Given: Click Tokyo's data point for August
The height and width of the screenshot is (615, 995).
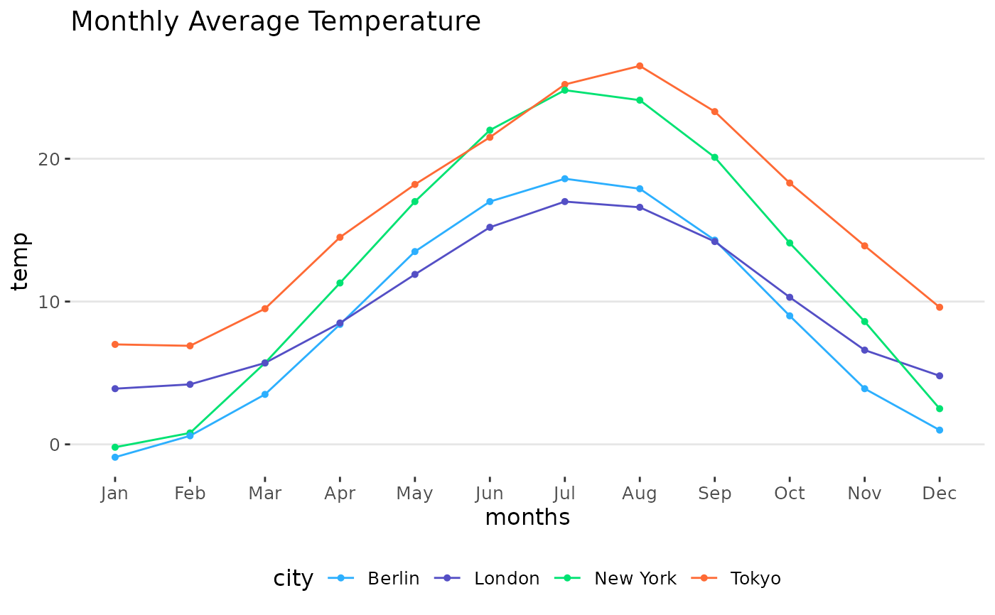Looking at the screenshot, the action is tap(640, 66).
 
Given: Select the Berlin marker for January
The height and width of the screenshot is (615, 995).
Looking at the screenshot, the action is tap(115, 457).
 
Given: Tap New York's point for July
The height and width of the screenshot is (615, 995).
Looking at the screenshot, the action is tap(564, 90).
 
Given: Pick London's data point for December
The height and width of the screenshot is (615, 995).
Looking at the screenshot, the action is tap(940, 376).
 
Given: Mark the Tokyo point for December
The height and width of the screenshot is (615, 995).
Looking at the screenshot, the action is tap(940, 307).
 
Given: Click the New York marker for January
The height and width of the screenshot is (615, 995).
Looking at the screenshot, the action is tap(115, 447).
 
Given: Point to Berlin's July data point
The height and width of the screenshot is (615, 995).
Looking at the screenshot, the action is tap(564, 179).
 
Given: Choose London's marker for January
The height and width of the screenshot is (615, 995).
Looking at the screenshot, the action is tap(115, 388).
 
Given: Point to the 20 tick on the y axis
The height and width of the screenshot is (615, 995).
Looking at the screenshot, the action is tap(49, 159).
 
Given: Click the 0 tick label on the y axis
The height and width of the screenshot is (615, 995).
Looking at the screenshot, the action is tap(55, 445).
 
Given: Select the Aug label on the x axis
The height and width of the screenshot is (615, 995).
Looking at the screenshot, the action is tap(640, 494).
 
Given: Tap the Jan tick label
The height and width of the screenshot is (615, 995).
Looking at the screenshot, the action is tap(114, 494).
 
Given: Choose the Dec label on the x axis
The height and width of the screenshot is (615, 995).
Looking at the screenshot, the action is tap(940, 493).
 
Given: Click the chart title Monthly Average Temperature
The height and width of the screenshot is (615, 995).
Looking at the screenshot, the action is tap(276, 21).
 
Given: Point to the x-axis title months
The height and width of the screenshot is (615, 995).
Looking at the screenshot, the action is tap(527, 518).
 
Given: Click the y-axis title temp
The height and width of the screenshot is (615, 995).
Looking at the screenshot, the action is tap(20, 262).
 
